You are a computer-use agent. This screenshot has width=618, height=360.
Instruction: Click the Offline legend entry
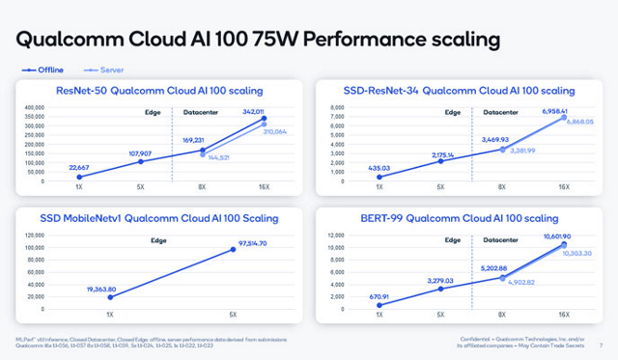pos(46,69)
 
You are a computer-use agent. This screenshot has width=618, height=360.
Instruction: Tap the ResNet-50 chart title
pos(159,91)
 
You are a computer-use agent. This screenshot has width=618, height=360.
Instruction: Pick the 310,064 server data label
pos(277,130)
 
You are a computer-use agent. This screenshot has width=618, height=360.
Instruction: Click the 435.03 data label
pos(379,167)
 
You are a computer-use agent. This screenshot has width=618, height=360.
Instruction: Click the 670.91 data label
pos(379,296)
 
